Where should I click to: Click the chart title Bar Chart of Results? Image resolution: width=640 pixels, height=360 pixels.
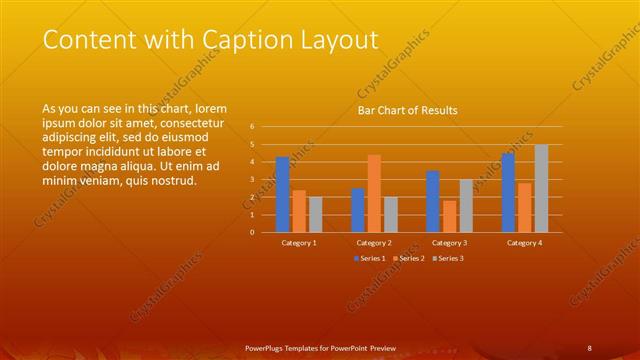[407, 111]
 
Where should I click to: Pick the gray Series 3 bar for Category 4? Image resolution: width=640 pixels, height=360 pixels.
[541, 188]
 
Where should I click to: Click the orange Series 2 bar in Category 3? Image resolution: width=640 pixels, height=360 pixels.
[450, 216]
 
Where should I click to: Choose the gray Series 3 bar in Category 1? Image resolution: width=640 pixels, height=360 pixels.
[316, 214]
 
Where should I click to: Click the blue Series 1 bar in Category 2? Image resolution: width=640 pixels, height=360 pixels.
[358, 210]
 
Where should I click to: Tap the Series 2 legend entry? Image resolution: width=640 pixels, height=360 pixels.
[408, 259]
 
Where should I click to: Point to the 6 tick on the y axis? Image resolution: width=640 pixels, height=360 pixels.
[252, 127]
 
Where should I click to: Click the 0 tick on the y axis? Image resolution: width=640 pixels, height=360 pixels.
[252, 232]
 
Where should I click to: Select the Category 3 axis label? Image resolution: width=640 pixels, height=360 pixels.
[450, 243]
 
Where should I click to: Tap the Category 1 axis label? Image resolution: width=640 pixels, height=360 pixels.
[299, 243]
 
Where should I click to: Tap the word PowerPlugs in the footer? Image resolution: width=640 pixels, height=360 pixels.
[266, 349]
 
